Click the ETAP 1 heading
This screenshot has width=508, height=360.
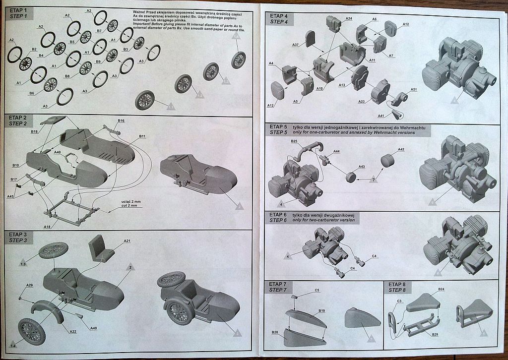[18, 11]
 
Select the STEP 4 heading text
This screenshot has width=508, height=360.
[279, 22]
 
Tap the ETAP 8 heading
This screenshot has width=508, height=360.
[397, 284]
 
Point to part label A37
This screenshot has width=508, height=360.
[295, 45]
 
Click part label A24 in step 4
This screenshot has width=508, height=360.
[348, 19]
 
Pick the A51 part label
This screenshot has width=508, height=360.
[414, 89]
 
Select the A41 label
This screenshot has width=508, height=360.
[381, 116]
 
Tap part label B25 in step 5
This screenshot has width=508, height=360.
[294, 141]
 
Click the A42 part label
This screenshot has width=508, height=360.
[401, 149]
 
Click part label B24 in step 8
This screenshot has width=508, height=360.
[441, 289]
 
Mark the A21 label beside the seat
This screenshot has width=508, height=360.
[127, 241]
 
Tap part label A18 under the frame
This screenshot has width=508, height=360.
[48, 226]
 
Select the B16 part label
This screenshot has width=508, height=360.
[121, 120]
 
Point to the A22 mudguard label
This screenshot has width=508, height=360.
[73, 331]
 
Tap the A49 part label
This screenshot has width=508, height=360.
[94, 328]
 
